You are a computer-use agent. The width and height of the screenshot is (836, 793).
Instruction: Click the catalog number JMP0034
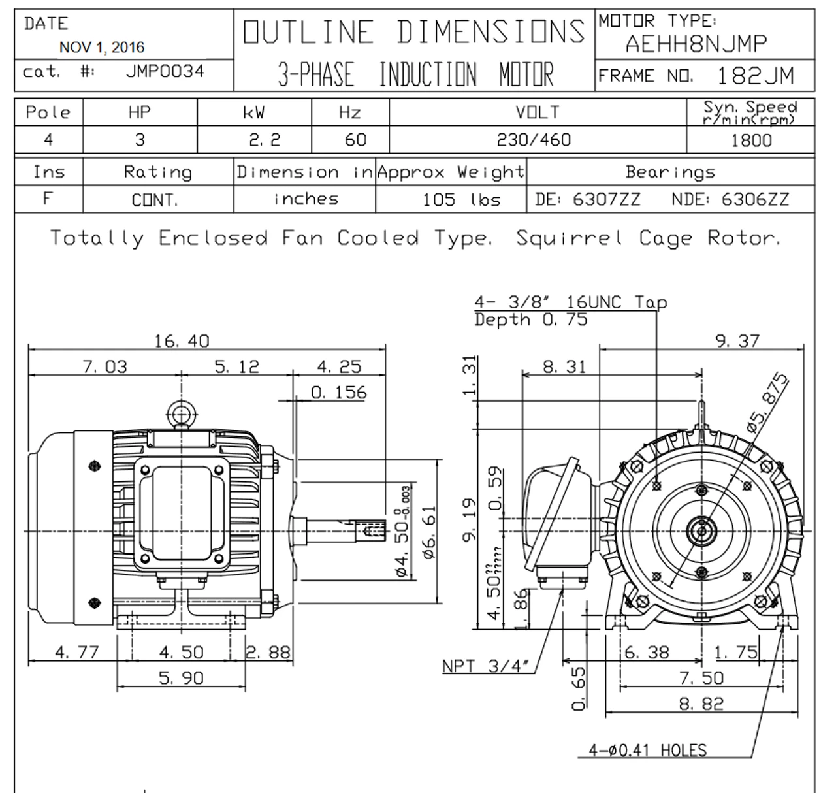tap(165, 71)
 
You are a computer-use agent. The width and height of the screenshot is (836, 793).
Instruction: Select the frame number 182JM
tap(756, 76)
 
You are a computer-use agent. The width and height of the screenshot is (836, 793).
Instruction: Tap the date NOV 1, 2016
tap(102, 47)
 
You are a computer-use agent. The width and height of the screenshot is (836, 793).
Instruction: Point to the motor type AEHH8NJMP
tap(696, 44)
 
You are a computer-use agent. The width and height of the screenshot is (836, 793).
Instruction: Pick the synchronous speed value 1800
tap(751, 140)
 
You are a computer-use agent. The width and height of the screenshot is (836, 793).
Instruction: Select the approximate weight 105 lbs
tap(461, 199)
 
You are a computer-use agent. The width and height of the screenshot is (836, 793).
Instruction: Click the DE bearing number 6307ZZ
tap(606, 199)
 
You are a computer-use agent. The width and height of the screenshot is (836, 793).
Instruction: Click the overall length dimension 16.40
tap(182, 341)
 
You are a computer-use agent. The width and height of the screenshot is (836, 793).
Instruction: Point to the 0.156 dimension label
tap(338, 393)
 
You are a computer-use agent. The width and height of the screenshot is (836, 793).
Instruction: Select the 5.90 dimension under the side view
tap(182, 679)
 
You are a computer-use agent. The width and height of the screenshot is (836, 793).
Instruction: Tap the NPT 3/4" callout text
tap(485, 666)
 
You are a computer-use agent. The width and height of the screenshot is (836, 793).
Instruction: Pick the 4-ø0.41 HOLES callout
tap(647, 750)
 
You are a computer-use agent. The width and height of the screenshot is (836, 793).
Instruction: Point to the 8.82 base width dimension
tap(701, 704)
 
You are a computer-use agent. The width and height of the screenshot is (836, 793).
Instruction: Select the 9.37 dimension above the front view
tap(737, 341)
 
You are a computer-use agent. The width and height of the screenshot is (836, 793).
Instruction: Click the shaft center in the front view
tap(701, 531)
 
